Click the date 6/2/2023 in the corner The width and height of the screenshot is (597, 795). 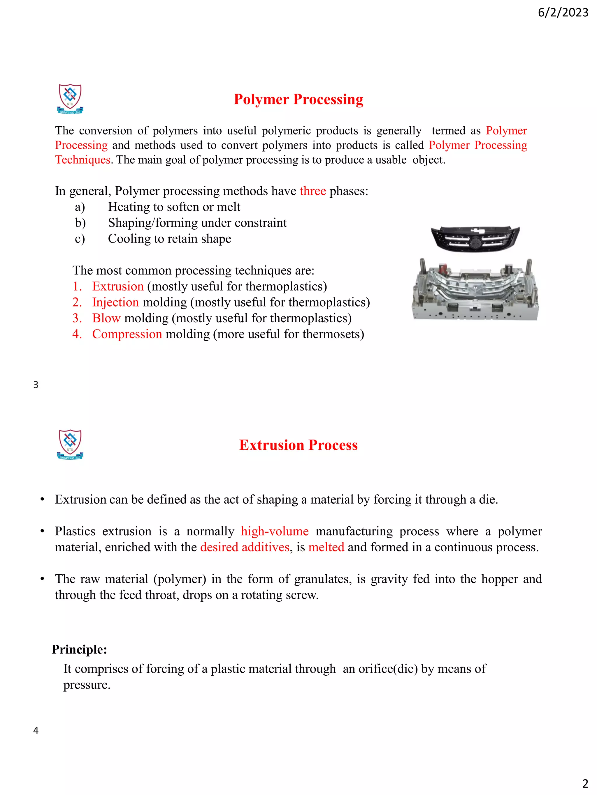tap(563, 13)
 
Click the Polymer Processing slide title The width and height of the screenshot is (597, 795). tap(298, 99)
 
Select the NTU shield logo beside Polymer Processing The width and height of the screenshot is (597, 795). tap(70, 98)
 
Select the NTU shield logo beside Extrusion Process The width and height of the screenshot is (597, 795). tap(70, 444)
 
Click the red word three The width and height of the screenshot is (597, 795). tap(312, 191)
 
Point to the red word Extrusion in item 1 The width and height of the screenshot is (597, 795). tap(118, 286)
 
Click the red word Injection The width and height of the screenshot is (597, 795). tap(115, 302)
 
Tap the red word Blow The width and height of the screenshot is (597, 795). tap(106, 318)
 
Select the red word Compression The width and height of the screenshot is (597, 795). tap(127, 334)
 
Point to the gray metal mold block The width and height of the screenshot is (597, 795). tap(475, 291)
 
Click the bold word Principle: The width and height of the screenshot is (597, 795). tap(79, 649)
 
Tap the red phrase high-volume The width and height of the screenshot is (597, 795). tap(275, 531)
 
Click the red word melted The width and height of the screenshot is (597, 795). tap(326, 547)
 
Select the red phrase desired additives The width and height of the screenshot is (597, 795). tap(245, 547)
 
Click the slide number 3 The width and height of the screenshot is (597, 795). tap(36, 385)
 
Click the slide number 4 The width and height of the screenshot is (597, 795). tap(36, 730)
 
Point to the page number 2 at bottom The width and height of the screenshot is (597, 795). tap(585, 783)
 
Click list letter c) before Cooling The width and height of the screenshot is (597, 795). tap(80, 239)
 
